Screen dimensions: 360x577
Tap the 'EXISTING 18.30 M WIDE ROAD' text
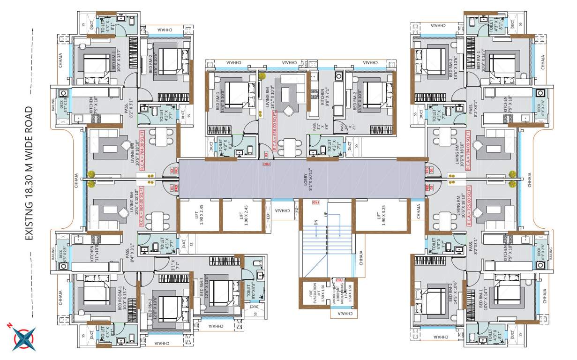(29, 173)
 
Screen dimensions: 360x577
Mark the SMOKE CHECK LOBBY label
(335, 293)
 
